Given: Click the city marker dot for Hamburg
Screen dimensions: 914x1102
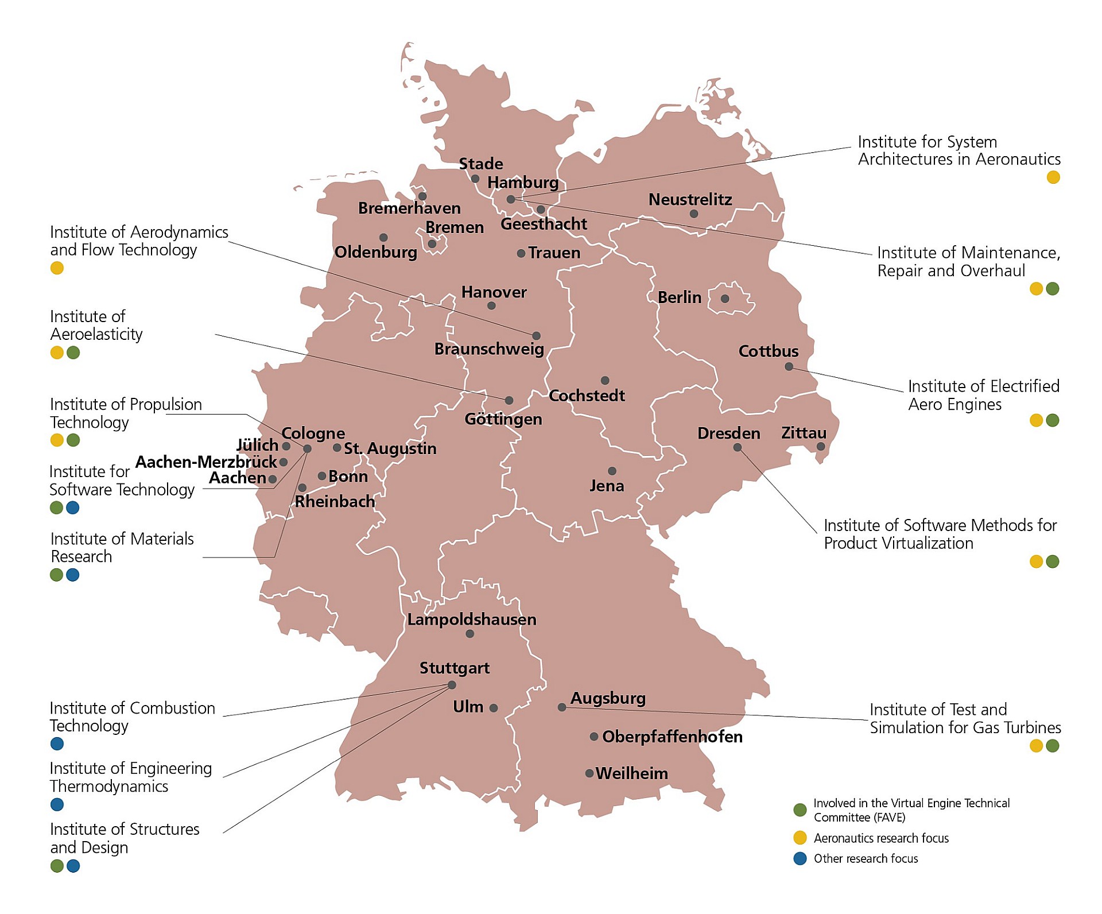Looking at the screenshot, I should pyautogui.click(x=511, y=199).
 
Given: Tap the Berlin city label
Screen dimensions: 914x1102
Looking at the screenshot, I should pyautogui.click(x=679, y=297).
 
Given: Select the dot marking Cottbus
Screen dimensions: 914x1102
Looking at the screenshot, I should pyautogui.click(x=789, y=366).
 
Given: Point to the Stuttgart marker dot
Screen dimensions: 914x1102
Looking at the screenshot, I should pyautogui.click(x=452, y=685).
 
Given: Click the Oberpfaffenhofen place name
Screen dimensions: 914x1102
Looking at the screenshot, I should pyautogui.click(x=672, y=737).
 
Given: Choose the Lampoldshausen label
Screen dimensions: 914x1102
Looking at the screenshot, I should pyautogui.click(x=472, y=619).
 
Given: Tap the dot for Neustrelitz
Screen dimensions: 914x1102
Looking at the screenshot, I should pyautogui.click(x=694, y=214).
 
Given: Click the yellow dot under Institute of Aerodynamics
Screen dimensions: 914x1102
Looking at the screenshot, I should pyautogui.click(x=57, y=268).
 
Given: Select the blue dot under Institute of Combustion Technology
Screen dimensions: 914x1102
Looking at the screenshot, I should pyautogui.click(x=57, y=744).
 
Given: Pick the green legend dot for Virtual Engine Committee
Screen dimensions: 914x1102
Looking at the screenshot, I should pyautogui.click(x=800, y=810).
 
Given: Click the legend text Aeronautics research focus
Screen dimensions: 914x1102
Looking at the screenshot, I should pyautogui.click(x=881, y=838).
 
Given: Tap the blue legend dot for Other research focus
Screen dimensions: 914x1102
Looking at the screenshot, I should pyautogui.click(x=800, y=859).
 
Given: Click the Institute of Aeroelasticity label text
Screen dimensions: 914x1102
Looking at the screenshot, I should pyautogui.click(x=96, y=325).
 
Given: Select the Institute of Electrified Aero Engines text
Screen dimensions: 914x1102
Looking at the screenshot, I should pyautogui.click(x=983, y=395).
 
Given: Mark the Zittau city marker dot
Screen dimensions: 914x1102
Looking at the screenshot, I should pyautogui.click(x=821, y=446).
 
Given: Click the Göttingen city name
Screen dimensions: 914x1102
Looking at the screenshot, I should pyautogui.click(x=503, y=419).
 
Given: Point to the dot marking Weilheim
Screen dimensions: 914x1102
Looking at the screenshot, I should pyautogui.click(x=589, y=773).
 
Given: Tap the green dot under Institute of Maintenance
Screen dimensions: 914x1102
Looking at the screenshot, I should pyautogui.click(x=1053, y=289).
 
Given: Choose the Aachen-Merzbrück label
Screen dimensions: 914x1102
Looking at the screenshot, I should pyautogui.click(x=205, y=462).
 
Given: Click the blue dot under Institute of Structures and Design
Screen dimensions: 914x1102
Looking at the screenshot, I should pyautogui.click(x=73, y=866).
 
